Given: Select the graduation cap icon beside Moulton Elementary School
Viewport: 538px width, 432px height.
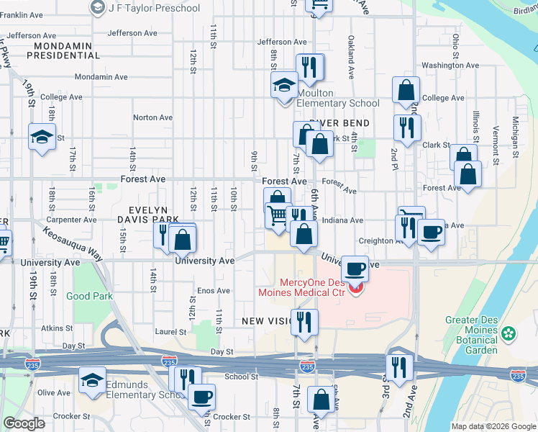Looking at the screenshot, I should pyautogui.click(x=284, y=86).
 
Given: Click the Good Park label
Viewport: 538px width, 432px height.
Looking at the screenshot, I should pyautogui.click(x=89, y=296).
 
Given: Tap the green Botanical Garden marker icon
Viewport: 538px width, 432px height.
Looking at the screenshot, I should pyautogui.click(x=509, y=333).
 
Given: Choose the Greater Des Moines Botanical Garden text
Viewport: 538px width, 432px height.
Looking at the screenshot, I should pyautogui.click(x=471, y=334).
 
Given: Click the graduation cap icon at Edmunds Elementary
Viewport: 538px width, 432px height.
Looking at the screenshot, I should pyautogui.click(x=92, y=380).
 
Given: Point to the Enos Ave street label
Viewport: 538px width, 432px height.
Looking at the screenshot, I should pyautogui.click(x=214, y=291).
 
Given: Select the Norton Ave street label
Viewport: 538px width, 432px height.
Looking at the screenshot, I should pyautogui.click(x=153, y=117).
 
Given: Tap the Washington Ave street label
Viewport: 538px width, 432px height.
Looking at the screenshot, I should pyautogui.click(x=450, y=66).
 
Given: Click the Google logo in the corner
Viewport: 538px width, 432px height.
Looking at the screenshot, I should pyautogui.click(x=24, y=423).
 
